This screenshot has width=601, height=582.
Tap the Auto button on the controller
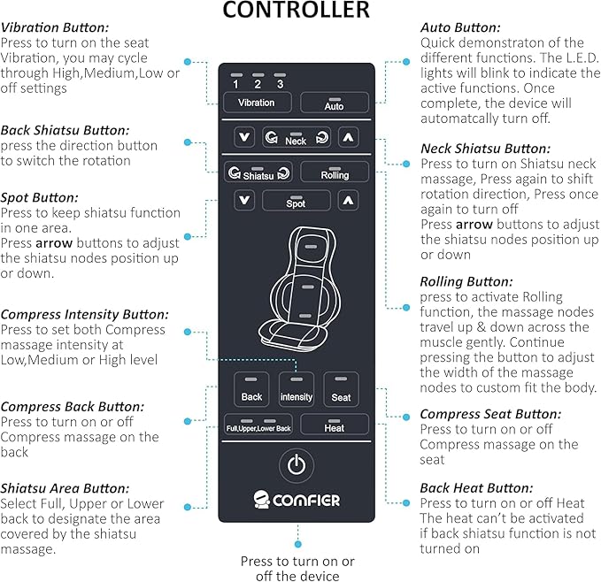[335, 103]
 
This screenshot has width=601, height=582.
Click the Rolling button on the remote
[335, 172]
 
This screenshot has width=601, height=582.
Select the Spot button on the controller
[296, 201]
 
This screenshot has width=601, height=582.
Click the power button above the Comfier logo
[297, 463]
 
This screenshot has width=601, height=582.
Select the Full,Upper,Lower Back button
[258, 425]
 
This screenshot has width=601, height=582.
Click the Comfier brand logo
[297, 500]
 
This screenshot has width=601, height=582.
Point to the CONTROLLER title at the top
[297, 11]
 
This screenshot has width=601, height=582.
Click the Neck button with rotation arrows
[296, 138]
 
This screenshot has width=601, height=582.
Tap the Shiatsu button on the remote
[258, 172]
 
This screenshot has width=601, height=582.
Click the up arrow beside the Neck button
[349, 138]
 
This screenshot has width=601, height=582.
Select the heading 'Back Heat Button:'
[476, 487]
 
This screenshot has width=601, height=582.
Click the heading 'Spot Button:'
[39, 198]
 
